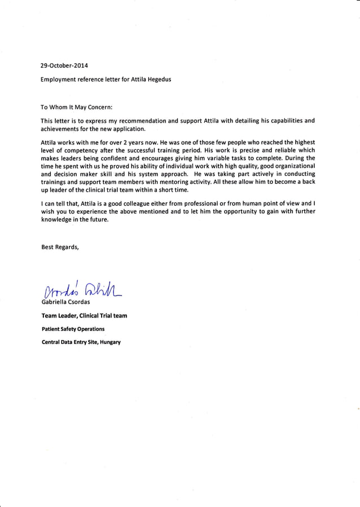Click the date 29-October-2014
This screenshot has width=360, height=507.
pos(64,65)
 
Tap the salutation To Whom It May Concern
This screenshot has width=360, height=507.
pos(77,107)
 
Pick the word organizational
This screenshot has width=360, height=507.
pos(292,167)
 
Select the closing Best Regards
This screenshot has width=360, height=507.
pos(60,246)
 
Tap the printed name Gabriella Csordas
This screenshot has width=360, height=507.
pos(66,302)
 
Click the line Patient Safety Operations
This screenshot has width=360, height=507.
pos(73,329)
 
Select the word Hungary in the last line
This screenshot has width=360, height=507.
pos(110,342)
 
